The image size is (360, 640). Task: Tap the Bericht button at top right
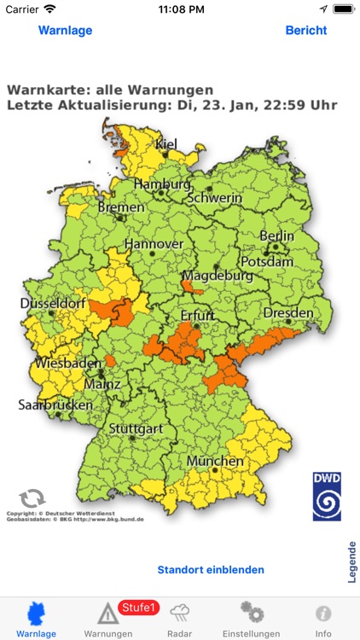coord(305,30)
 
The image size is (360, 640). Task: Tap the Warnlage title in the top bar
coord(65,30)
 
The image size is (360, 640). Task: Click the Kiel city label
coord(166,143)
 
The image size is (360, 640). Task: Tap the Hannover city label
coord(154,243)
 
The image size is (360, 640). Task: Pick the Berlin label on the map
coord(276,236)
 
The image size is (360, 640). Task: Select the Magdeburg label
coord(217,276)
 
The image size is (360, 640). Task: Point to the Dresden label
coord(288,313)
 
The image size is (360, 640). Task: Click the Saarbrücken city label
coord(55,404)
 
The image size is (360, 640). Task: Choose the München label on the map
coord(215,461)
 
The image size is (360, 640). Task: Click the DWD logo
coord(326,496)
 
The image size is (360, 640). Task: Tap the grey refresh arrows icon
coord(32,498)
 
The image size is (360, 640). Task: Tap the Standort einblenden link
coord(211,569)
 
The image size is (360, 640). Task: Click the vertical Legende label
coord(351,561)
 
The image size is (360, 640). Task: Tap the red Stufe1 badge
coord(138,608)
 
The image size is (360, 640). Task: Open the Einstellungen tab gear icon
coord(251,613)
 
